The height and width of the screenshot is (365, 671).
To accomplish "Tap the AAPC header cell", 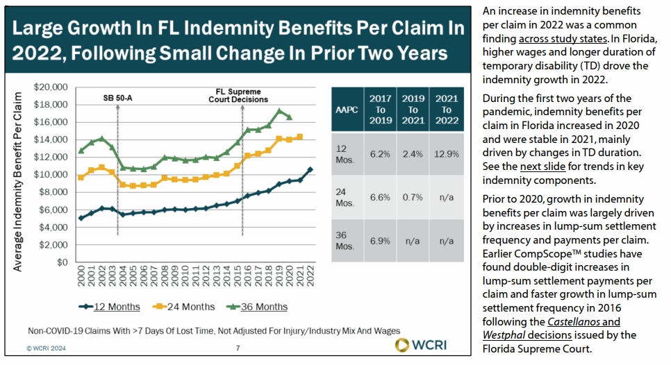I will (x=347, y=109).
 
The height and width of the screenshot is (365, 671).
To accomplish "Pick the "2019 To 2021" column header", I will (x=413, y=109).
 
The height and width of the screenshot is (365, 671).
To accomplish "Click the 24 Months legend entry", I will (x=183, y=307).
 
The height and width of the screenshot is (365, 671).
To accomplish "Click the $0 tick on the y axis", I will (x=63, y=262).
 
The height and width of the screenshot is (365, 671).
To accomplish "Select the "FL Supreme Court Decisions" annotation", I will (x=239, y=95).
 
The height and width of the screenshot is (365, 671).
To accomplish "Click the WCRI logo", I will (x=421, y=346).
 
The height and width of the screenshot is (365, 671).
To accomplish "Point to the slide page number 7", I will (x=238, y=348).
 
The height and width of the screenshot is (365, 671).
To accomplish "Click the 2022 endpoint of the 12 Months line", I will (x=309, y=169).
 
